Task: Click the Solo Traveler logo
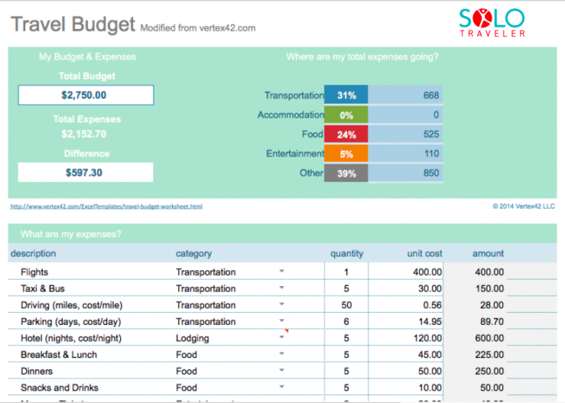(492, 23)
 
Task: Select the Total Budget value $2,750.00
(86, 94)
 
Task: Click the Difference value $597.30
(86, 172)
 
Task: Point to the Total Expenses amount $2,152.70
(86, 134)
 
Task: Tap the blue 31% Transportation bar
(346, 95)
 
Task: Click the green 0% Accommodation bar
(346, 114)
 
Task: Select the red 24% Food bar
(346, 134)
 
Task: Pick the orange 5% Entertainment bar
(346, 153)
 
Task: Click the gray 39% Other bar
(346, 172)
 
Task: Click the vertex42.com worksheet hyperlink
(106, 206)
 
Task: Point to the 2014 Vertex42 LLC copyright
(524, 206)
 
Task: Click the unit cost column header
(425, 254)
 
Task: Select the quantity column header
(346, 254)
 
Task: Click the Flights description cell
(38, 272)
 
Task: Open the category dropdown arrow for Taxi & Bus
(282, 288)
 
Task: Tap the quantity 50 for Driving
(346, 305)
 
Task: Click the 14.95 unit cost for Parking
(427, 322)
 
